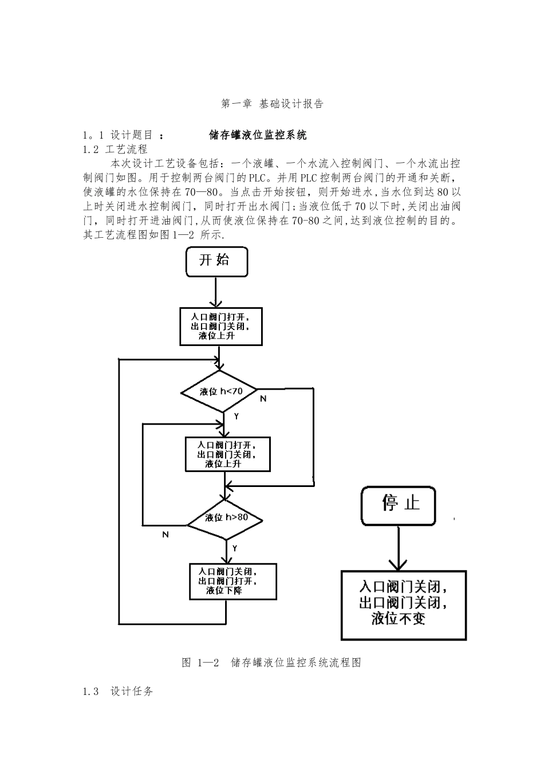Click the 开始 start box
coord(216,261)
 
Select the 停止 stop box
coord(399,505)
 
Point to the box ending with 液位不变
coord(404,604)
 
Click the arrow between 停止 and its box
coord(399,547)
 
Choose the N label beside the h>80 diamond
coord(165,535)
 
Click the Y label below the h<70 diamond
coord(236,417)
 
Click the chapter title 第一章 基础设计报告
coord(272,104)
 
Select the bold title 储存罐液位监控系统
coord(258,135)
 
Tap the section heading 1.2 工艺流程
coord(115,150)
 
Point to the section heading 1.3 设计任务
coord(118,692)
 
